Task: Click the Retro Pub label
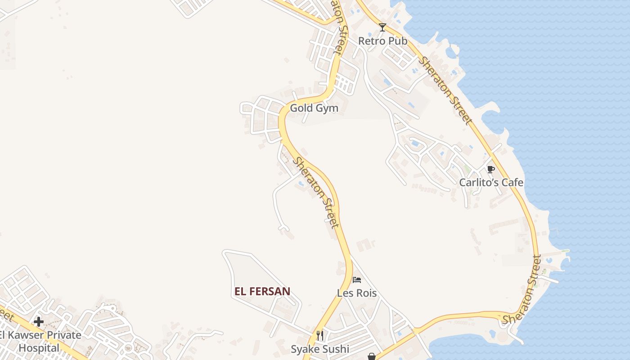tap(382, 41)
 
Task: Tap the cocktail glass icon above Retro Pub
tap(382, 27)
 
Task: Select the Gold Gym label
tap(314, 108)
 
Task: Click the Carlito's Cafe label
tap(491, 182)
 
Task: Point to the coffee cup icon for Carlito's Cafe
tap(490, 169)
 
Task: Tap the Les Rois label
tap(357, 293)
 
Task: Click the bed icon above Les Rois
tap(357, 280)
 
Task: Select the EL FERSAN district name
tap(262, 292)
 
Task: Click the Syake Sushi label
tap(319, 349)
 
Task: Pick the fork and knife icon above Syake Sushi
tap(320, 335)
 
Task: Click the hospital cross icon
tap(39, 322)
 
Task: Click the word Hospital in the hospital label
tap(39, 348)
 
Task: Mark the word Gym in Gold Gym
tap(327, 108)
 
